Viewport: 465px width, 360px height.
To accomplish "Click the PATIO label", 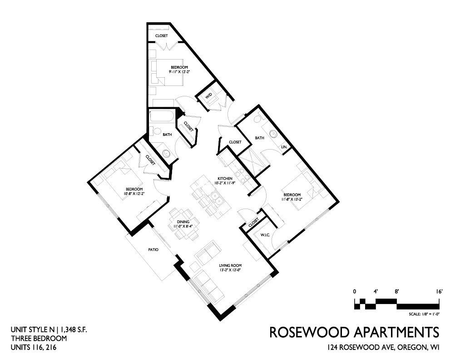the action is [153, 250].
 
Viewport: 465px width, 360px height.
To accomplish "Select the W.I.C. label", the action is [265, 235].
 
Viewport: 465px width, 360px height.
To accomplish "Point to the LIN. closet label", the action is [283, 147].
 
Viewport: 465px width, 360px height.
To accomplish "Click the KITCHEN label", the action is [225, 178].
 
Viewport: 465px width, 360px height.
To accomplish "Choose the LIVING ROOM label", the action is [230, 265].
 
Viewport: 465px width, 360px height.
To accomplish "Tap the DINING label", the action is [183, 222].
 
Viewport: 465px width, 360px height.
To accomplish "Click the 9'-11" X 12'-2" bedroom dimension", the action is [179, 71].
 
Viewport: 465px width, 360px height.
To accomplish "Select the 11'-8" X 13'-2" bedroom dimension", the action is [292, 200].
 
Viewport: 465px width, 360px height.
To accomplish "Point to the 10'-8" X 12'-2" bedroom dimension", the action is [134, 194].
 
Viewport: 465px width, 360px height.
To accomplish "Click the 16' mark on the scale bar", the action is [439, 291].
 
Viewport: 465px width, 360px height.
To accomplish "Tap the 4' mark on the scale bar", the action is [376, 291].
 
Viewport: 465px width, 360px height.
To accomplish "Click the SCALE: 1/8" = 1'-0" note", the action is [424, 314].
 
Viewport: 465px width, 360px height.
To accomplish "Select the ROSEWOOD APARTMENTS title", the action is [354, 332].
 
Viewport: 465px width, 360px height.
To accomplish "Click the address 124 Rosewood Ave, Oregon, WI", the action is [383, 347].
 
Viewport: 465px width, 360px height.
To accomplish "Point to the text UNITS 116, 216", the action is [33, 347].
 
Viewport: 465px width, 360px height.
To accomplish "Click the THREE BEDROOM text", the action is [39, 338].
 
